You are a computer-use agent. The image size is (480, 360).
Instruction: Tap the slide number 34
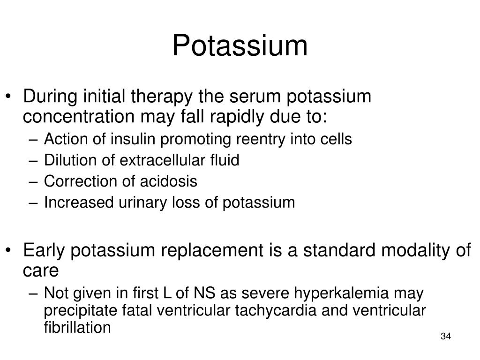tap(445, 337)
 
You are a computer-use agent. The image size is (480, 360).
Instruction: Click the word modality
tap(415, 251)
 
